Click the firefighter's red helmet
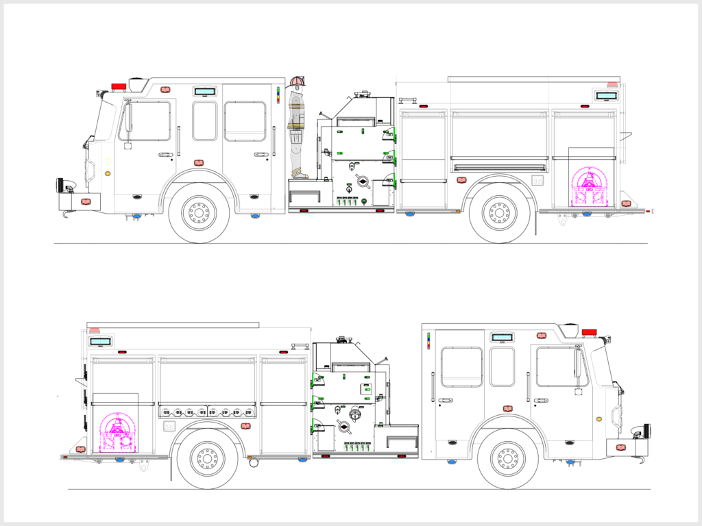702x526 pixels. pos(298,83)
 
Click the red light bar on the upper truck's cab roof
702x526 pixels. pos(119,86)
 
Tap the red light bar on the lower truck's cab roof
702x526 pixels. pos(589,332)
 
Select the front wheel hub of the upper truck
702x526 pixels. pos(199,213)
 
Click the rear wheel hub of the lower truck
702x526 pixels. pos(207,459)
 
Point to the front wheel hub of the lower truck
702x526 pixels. pos(508,459)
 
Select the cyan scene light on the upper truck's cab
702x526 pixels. pos(204,91)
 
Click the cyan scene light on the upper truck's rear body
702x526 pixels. pos(605,95)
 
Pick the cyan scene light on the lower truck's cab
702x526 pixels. pos(503,337)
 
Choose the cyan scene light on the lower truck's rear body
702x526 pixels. pos(101,341)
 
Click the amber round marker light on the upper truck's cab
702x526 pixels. pos(108,174)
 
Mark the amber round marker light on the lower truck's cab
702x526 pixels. pos(599,418)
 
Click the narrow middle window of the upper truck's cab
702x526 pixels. pos(204,121)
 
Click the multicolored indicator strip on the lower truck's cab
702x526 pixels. pos(428,340)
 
